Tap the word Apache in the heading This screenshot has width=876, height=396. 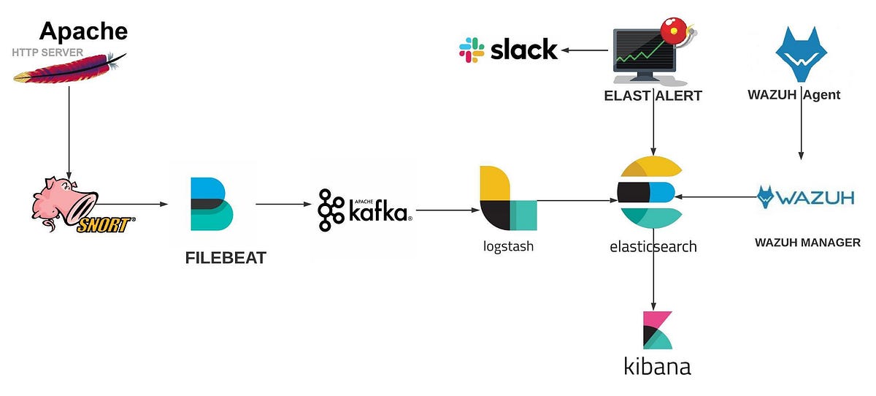point(83,31)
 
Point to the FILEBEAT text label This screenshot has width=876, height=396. point(226,257)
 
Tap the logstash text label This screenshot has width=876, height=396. point(508,246)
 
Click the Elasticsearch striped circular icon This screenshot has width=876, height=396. point(650,191)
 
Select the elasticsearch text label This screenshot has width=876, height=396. point(653,246)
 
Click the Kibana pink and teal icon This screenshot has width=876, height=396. point(656,330)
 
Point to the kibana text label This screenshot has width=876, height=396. point(657,365)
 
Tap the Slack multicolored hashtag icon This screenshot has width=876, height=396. point(472,50)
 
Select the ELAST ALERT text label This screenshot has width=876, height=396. point(653,95)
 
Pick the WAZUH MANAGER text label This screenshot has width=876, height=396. point(807,242)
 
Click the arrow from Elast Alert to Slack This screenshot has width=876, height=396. point(585,50)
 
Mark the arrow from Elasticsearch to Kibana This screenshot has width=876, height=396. point(653,281)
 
